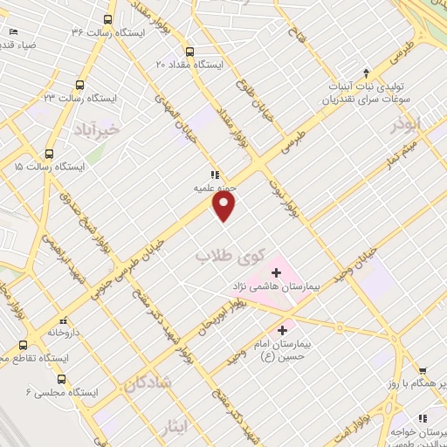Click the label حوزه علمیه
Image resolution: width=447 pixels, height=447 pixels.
coord(215,186)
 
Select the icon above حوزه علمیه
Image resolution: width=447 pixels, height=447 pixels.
coord(214,173)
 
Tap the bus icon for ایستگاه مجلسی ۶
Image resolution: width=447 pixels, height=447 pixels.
coord(61,379)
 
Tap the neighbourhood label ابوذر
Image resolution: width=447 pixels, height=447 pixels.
coord(407,124)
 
